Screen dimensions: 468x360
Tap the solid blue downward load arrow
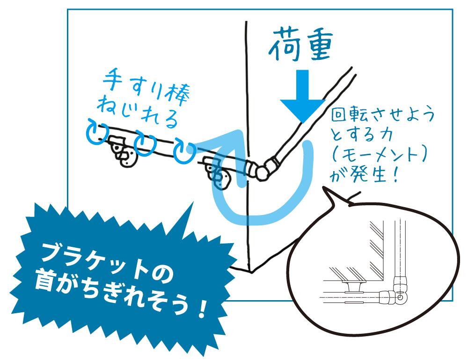point(302,96)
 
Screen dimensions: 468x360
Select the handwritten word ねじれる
point(137,112)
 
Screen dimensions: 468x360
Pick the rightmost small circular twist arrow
point(185,151)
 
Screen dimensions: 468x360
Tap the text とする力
point(361,135)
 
